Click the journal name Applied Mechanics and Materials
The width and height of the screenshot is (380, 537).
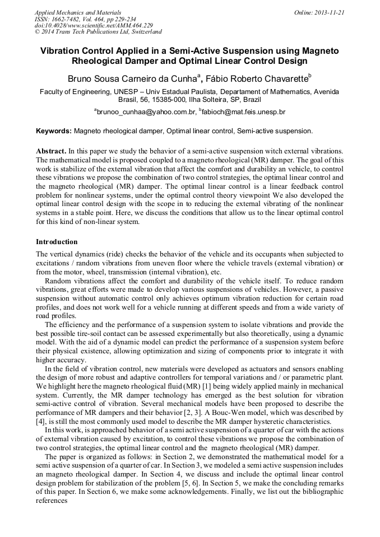click(78, 12)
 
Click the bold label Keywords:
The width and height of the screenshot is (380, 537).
click(54, 131)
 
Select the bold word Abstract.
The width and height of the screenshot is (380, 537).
click(51, 151)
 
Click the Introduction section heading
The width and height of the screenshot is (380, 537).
click(57, 242)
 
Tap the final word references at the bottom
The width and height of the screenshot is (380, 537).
click(52, 502)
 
